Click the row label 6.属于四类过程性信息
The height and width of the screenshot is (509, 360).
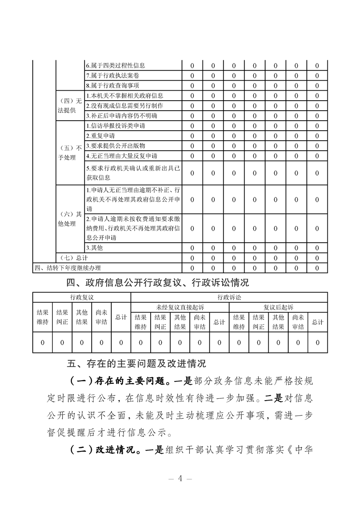[115, 66]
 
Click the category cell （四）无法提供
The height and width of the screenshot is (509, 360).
[70, 105]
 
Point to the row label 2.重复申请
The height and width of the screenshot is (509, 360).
[100, 136]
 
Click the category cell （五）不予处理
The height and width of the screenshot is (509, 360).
[70, 153]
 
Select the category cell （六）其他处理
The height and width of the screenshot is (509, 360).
[70, 219]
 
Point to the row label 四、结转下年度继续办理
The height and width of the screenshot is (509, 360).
[68, 268]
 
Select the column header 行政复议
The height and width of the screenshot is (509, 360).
[82, 297]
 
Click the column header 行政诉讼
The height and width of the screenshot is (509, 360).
[229, 297]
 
